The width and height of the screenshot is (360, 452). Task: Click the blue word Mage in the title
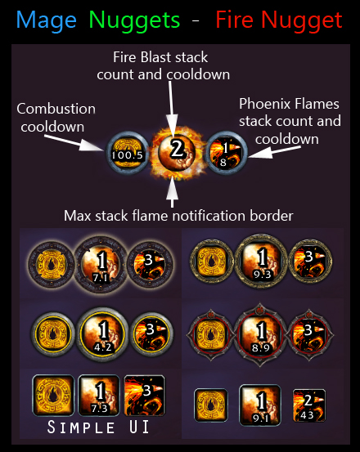pyautogui.click(x=46, y=21)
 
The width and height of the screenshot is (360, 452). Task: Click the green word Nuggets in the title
pyautogui.click(x=134, y=21)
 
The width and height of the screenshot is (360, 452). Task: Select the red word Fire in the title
pyautogui.click(x=235, y=20)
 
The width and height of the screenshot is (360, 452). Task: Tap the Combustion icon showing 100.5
pyautogui.click(x=127, y=153)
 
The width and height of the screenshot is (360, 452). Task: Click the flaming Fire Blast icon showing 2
pyautogui.click(x=177, y=153)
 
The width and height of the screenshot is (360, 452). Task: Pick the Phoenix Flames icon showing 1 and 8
pyautogui.click(x=226, y=153)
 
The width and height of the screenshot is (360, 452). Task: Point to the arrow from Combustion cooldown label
pyautogui.click(x=74, y=142)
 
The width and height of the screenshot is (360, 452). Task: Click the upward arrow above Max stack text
pyautogui.click(x=172, y=192)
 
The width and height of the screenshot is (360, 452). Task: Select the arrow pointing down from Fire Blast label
pyautogui.click(x=172, y=109)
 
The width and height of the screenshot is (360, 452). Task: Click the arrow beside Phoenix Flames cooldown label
pyautogui.click(x=274, y=152)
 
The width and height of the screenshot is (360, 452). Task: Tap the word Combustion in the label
pyautogui.click(x=56, y=109)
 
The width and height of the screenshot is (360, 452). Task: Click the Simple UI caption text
pyautogui.click(x=98, y=427)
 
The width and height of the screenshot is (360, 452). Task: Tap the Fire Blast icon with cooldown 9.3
pyautogui.click(x=261, y=262)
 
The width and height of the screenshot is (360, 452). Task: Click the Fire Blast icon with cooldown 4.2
pyautogui.click(x=103, y=334)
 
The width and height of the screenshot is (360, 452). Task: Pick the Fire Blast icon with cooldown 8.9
pyautogui.click(x=260, y=333)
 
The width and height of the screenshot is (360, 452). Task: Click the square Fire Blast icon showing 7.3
pyautogui.click(x=99, y=396)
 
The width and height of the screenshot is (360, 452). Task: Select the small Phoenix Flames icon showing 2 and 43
pyautogui.click(x=309, y=405)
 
